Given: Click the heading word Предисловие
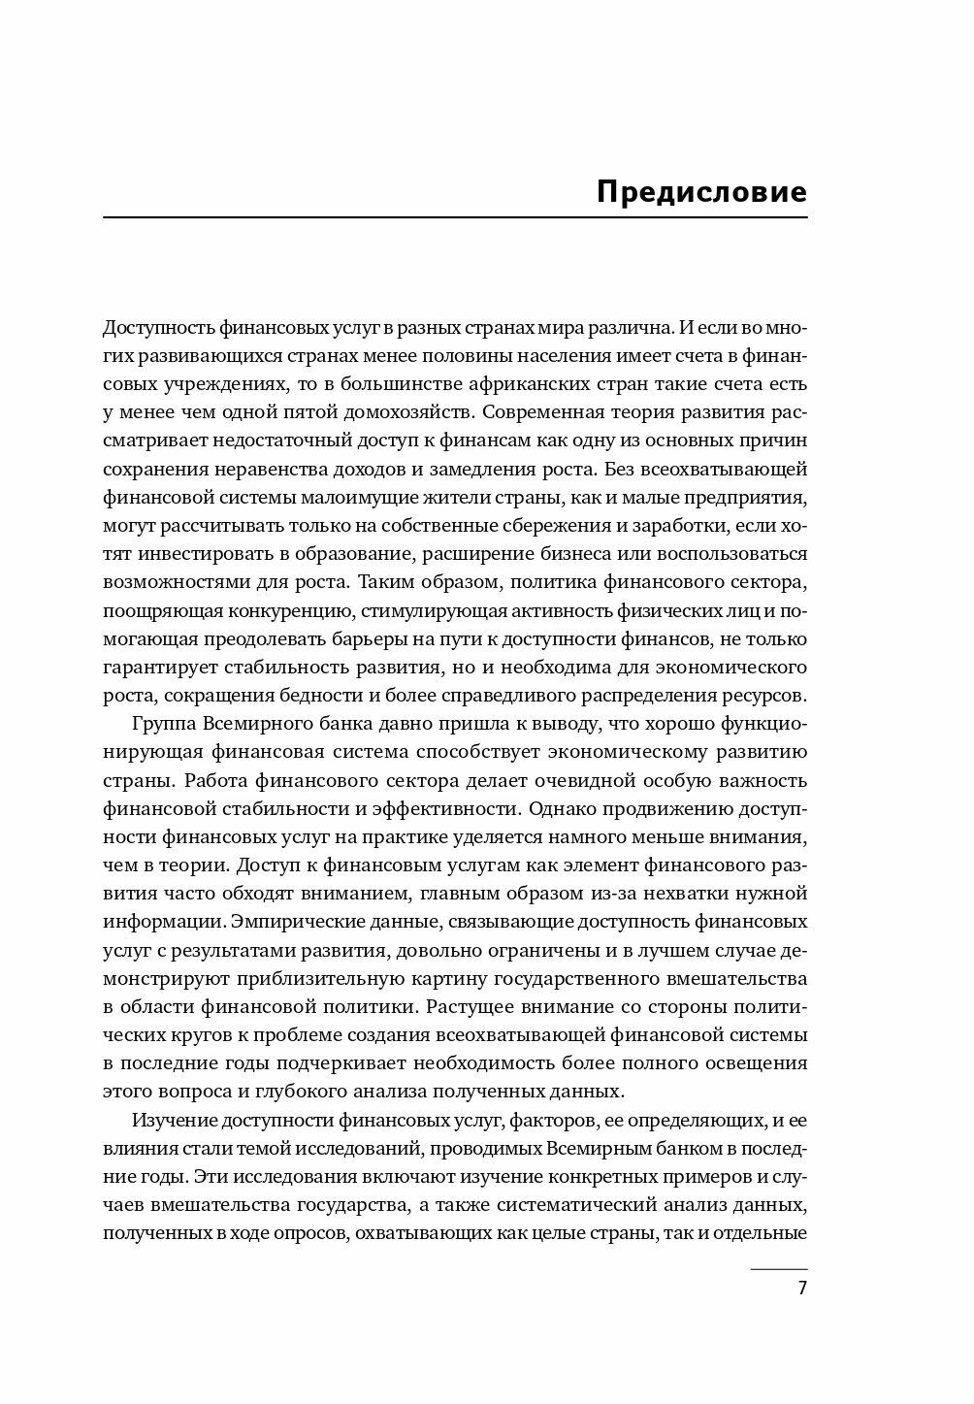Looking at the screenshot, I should [701, 191].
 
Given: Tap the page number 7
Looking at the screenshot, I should [801, 1290].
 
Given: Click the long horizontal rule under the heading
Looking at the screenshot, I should [455, 217].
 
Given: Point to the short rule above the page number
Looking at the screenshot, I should [779, 1269].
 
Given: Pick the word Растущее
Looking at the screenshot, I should [462, 1005].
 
